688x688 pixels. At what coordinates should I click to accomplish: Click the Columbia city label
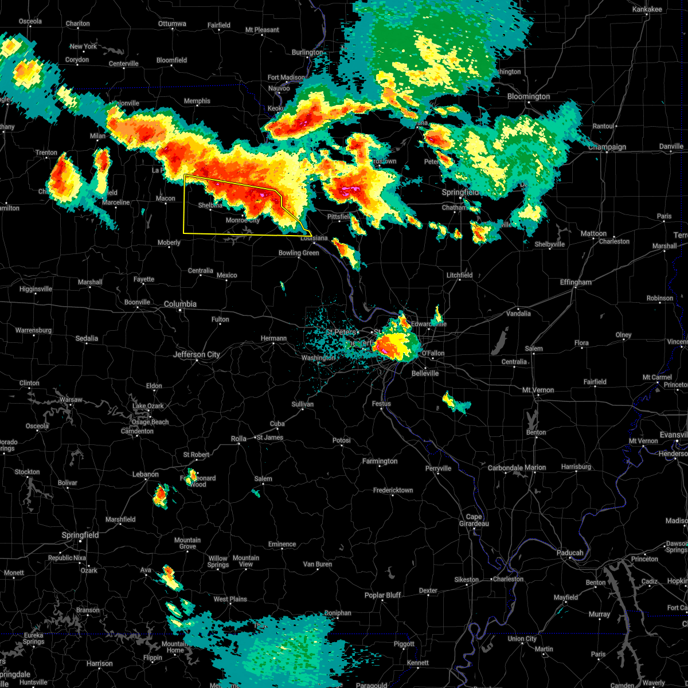pyautogui.click(x=180, y=304)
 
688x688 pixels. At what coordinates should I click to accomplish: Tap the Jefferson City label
pyautogui.click(x=197, y=354)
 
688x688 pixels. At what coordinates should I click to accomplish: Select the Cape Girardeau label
pyautogui.click(x=474, y=520)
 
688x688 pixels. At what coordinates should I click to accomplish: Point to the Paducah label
pyautogui.click(x=570, y=553)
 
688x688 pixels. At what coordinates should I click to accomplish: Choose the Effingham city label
pyautogui.click(x=575, y=282)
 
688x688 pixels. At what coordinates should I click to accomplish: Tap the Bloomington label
pyautogui.click(x=529, y=97)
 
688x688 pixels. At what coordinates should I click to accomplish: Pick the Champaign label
pyautogui.click(x=607, y=147)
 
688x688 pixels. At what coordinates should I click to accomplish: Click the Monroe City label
pyautogui.click(x=243, y=220)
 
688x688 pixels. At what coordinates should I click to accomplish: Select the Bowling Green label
pyautogui.click(x=299, y=253)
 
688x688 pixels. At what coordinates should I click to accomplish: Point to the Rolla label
pyautogui.click(x=239, y=439)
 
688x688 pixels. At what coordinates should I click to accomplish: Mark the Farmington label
pyautogui.click(x=380, y=461)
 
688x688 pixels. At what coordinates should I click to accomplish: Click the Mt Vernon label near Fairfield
pyautogui.click(x=538, y=390)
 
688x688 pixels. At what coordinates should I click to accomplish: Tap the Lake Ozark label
pyautogui.click(x=148, y=406)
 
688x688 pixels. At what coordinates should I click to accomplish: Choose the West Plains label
pyautogui.click(x=230, y=599)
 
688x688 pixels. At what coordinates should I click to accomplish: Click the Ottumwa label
pyautogui.click(x=172, y=24)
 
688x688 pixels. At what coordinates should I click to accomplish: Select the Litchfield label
pyautogui.click(x=459, y=275)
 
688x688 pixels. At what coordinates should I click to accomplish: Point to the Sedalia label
pyautogui.click(x=87, y=338)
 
